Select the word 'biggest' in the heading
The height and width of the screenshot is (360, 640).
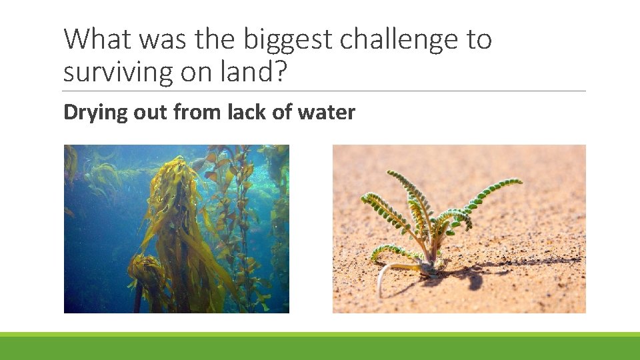click(x=288, y=40)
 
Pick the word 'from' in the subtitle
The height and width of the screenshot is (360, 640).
click(x=198, y=112)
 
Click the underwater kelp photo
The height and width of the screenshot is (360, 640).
click(x=177, y=229)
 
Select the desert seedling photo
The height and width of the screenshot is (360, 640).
click(x=459, y=229)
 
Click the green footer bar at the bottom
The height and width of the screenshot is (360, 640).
click(x=320, y=347)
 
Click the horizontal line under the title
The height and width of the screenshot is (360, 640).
click(x=325, y=91)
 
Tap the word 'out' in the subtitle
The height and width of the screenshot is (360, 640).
click(x=151, y=112)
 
